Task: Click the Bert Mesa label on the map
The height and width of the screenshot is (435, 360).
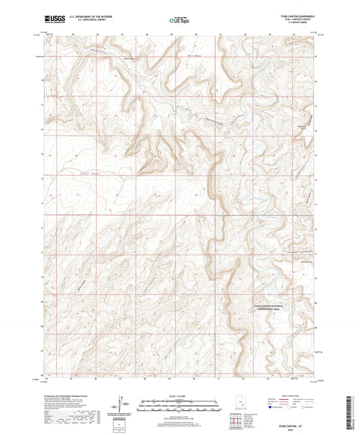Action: [194, 49]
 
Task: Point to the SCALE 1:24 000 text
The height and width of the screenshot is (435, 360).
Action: [180, 397]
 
